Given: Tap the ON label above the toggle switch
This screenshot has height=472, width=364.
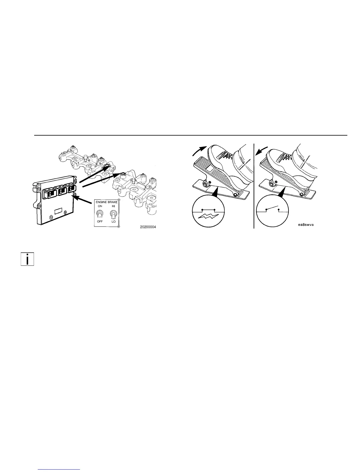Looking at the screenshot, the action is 100,206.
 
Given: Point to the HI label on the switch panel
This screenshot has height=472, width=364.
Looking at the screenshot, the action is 113,206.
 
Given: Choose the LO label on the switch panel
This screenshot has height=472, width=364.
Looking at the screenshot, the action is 113,221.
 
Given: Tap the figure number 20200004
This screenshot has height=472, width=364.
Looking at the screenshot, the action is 148,227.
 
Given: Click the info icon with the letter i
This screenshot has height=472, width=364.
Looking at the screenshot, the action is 27,259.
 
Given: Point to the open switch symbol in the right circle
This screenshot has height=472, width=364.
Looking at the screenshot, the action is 272,209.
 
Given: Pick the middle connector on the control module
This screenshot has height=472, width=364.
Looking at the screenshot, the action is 62,191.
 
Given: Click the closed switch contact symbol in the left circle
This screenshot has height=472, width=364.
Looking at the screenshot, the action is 208,210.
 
